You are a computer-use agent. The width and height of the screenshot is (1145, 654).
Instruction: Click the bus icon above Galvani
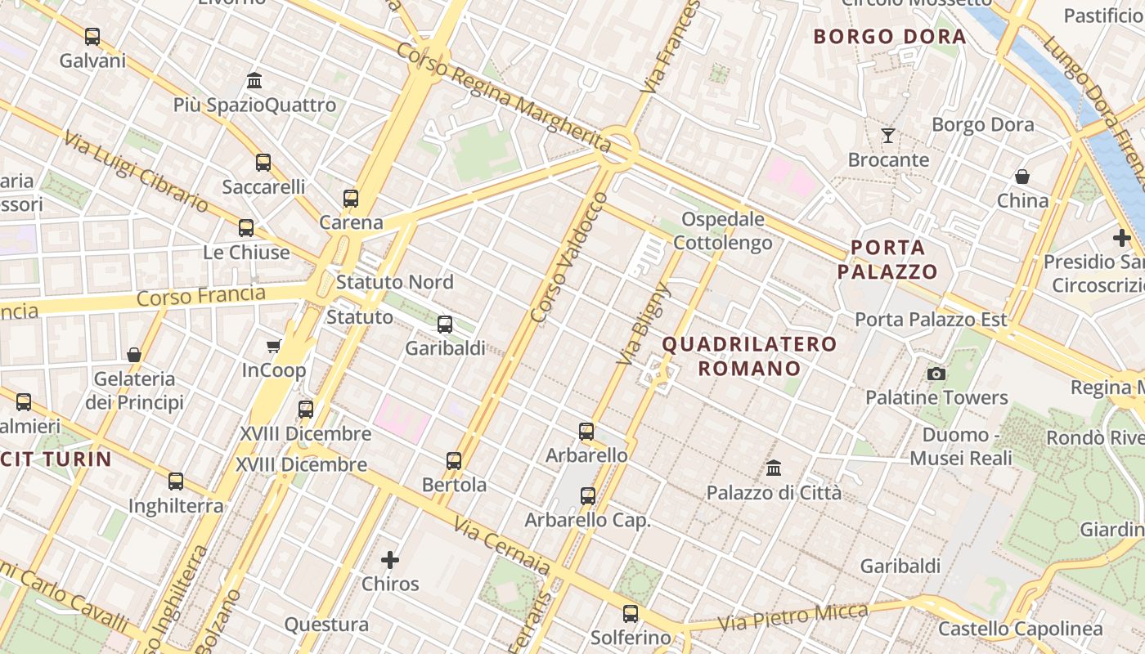[92, 37]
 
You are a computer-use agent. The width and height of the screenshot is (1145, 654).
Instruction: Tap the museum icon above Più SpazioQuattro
[254, 81]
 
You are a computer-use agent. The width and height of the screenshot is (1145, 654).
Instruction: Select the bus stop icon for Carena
[351, 198]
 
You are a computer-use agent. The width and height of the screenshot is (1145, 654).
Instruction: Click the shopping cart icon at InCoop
[274, 347]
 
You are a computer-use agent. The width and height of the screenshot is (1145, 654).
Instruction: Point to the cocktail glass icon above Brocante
[888, 136]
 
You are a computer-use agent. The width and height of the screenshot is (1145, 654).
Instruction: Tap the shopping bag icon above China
[1022, 177]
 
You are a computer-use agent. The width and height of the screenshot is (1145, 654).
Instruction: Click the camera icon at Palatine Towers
[936, 374]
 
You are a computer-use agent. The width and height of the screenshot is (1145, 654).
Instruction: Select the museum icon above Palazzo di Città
[774, 468]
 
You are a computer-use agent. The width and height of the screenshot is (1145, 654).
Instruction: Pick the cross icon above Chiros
[390, 560]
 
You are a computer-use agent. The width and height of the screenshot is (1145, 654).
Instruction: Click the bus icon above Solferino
[631, 613]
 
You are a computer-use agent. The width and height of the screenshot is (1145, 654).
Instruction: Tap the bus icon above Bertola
[454, 461]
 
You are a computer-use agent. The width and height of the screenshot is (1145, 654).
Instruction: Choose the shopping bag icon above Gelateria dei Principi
[134, 355]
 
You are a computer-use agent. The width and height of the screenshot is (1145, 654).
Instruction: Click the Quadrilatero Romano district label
[749, 356]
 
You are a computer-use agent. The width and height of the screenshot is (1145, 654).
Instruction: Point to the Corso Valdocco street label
[569, 257]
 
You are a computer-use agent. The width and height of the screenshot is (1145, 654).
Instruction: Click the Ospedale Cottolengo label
[723, 231]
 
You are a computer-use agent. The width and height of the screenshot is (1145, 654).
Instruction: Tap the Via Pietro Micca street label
[793, 618]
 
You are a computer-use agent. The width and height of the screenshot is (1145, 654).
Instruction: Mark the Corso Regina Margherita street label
[504, 98]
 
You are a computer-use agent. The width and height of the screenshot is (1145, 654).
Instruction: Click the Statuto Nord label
[394, 282]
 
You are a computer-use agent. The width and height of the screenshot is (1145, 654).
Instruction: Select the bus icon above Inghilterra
[176, 482]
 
